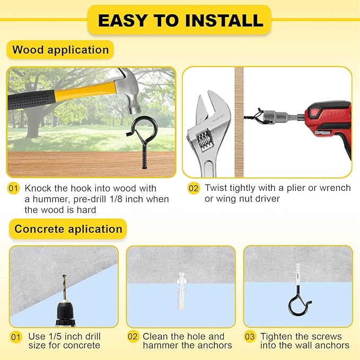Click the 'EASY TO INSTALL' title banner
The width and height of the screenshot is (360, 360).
(180, 20)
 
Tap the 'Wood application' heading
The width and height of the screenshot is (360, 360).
(60, 50)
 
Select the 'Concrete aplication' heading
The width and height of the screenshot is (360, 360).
(68, 229)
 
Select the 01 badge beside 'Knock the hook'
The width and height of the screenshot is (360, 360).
(14, 188)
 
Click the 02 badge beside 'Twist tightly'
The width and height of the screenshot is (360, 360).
(195, 188)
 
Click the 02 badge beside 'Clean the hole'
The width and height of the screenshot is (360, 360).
(133, 337)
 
